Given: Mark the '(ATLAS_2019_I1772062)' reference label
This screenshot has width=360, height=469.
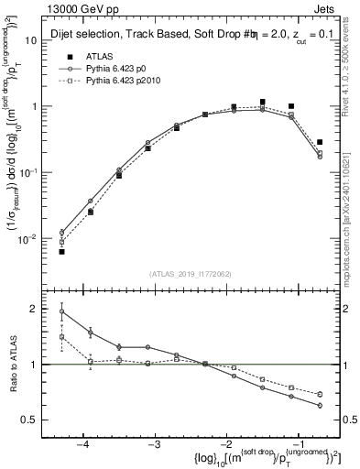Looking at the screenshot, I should [190, 274].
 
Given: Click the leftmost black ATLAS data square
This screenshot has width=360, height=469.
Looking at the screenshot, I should [62, 251].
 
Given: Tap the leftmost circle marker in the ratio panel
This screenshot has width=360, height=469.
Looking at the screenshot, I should [62, 311].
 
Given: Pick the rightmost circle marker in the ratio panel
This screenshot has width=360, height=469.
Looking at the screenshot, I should [320, 405].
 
